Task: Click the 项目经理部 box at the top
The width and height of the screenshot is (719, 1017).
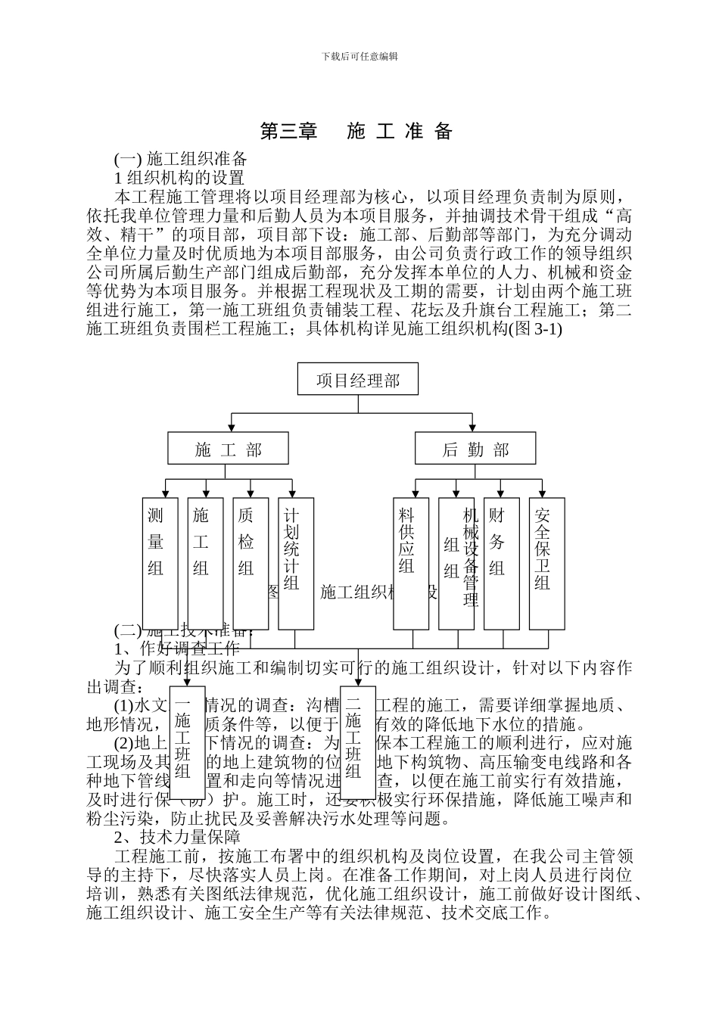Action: pyautogui.click(x=357, y=379)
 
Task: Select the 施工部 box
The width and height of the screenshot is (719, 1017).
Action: pyautogui.click(x=228, y=449)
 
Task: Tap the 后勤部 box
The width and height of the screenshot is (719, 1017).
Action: pyautogui.click(x=475, y=449)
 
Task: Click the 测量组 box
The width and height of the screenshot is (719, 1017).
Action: pyautogui.click(x=160, y=563)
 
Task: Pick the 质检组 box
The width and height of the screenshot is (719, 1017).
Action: pyautogui.click(x=250, y=563)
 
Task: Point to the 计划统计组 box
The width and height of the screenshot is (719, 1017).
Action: pyautogui.click(x=295, y=563)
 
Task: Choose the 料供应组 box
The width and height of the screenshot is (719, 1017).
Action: pyautogui.click(x=410, y=563)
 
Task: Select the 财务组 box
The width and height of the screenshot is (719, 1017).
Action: pyautogui.click(x=501, y=563)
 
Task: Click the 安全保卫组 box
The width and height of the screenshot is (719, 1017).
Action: pyautogui.click(x=546, y=563)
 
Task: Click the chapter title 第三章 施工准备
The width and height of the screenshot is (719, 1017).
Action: pyautogui.click(x=356, y=132)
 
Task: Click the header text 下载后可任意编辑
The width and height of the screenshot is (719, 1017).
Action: pyautogui.click(x=359, y=56)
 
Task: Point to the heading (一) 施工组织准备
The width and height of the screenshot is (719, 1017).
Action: pyautogui.click(x=181, y=159)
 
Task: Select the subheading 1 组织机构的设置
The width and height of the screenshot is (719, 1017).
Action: pyautogui.click(x=179, y=178)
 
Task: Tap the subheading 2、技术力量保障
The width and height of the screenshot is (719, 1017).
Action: pyautogui.click(x=177, y=837)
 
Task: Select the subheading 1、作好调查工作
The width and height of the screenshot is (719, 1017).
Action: pyautogui.click(x=177, y=648)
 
